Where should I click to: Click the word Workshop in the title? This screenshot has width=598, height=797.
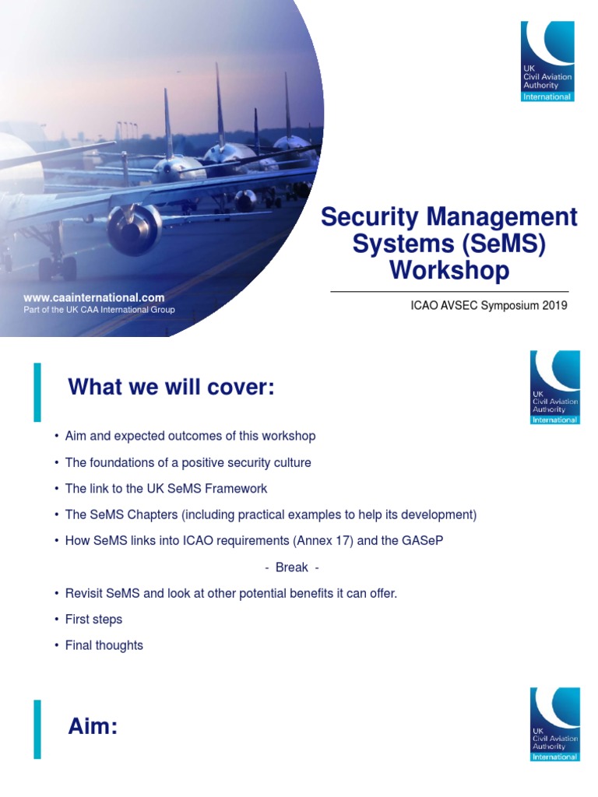pyautogui.click(x=449, y=270)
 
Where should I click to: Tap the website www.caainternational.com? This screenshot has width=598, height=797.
pyautogui.click(x=94, y=297)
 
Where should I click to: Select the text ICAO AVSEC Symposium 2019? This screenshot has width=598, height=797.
pyautogui.click(x=489, y=305)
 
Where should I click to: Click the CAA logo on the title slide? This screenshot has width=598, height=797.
pyautogui.click(x=547, y=61)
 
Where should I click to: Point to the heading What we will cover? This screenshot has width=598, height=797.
pyautogui.click(x=171, y=387)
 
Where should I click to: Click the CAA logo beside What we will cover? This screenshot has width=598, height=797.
pyautogui.click(x=554, y=388)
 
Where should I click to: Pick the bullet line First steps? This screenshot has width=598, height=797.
pyautogui.click(x=93, y=620)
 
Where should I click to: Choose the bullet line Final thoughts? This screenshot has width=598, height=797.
pyautogui.click(x=104, y=645)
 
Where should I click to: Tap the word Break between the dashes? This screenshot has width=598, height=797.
pyautogui.click(x=292, y=567)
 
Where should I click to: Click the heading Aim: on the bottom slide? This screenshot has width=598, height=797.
pyautogui.click(x=93, y=727)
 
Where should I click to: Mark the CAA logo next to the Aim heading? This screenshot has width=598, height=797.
pyautogui.click(x=554, y=724)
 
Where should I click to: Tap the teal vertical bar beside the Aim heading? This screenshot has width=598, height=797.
pyautogui.click(x=37, y=729)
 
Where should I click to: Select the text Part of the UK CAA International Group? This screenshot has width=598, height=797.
pyautogui.click(x=100, y=310)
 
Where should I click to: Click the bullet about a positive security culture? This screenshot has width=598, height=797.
pyautogui.click(x=188, y=462)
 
